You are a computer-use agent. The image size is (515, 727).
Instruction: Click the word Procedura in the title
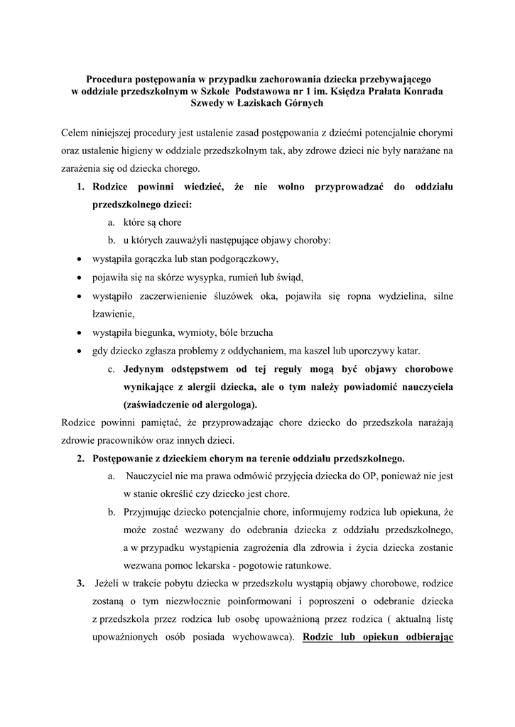pyautogui.click(x=111, y=80)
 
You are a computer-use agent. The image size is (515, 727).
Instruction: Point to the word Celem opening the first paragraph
pyautogui.click(x=77, y=133)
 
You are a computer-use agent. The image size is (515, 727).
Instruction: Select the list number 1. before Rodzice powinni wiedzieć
pyautogui.click(x=81, y=187)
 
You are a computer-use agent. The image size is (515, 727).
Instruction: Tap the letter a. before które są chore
pyautogui.click(x=112, y=222)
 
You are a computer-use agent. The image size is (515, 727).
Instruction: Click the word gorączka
pyautogui.click(x=157, y=258)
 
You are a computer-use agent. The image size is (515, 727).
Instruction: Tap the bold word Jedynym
pyautogui.click(x=148, y=369)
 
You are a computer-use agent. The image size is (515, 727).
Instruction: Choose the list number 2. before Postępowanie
pyautogui.click(x=81, y=458)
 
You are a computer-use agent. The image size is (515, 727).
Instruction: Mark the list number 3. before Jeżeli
pyautogui.click(x=80, y=584)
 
